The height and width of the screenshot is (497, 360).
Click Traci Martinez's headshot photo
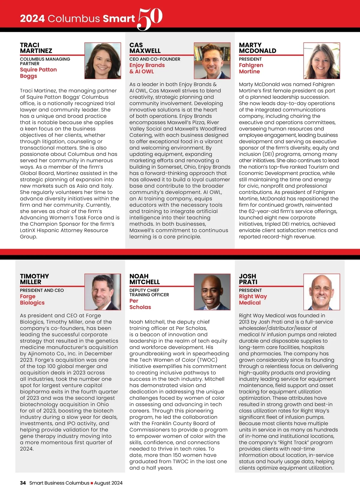click(x=103, y=61)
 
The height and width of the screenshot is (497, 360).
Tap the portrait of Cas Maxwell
click(x=212, y=61)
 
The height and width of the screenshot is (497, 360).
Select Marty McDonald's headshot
click(x=322, y=61)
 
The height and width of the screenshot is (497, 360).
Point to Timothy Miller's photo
click(x=103, y=292)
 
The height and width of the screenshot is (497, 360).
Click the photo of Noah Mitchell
click(x=212, y=292)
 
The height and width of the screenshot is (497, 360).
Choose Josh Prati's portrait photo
click(x=322, y=292)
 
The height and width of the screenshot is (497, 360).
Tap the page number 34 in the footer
click(x=23, y=483)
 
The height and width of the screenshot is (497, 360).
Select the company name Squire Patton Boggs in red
click(x=38, y=73)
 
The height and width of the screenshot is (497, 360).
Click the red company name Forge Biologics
click(x=32, y=299)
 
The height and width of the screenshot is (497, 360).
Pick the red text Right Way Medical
click(x=253, y=299)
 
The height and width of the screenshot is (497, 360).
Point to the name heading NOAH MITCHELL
click(x=144, y=279)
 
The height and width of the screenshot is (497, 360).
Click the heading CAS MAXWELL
click(x=145, y=48)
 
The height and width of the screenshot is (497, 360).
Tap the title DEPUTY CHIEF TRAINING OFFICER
click(x=149, y=292)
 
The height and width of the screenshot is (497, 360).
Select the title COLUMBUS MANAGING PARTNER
click(x=45, y=61)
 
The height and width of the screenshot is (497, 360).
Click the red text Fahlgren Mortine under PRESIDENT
click(x=251, y=68)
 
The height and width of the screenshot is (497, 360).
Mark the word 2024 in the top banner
click(x=32, y=19)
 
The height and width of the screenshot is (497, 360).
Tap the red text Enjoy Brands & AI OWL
click(x=147, y=68)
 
